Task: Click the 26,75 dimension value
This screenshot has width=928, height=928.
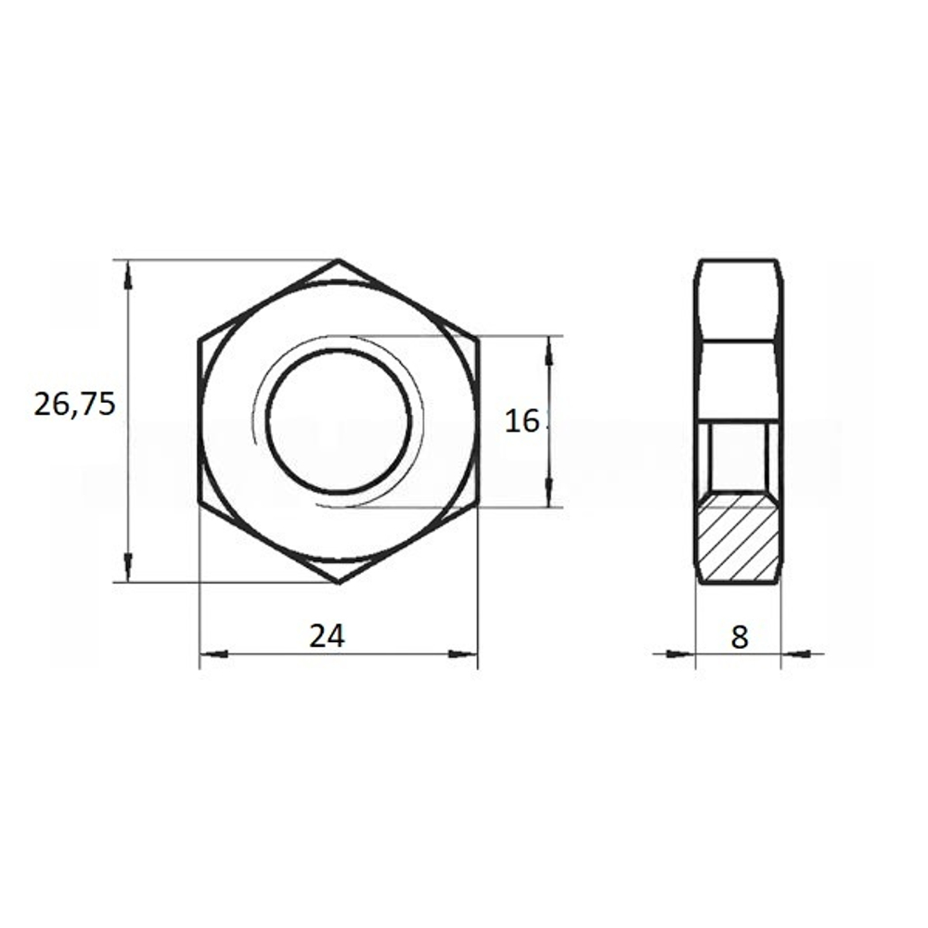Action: click(74, 406)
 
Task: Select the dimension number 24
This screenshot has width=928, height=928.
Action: click(327, 637)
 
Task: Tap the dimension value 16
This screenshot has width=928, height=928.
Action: click(522, 421)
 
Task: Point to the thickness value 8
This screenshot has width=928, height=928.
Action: click(740, 637)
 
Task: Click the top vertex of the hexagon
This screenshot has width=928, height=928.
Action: click(339, 260)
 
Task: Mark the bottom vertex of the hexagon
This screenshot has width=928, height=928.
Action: click(339, 583)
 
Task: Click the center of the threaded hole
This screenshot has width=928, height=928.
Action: click(339, 421)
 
